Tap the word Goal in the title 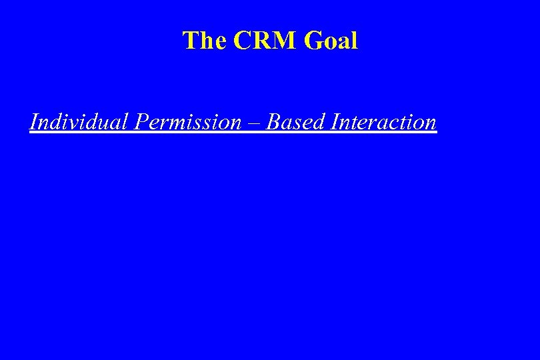(x=331, y=41)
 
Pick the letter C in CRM (x=242, y=41)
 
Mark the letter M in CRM (x=285, y=41)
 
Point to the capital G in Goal (x=313, y=41)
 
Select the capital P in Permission (x=141, y=122)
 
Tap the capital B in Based (x=274, y=122)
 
